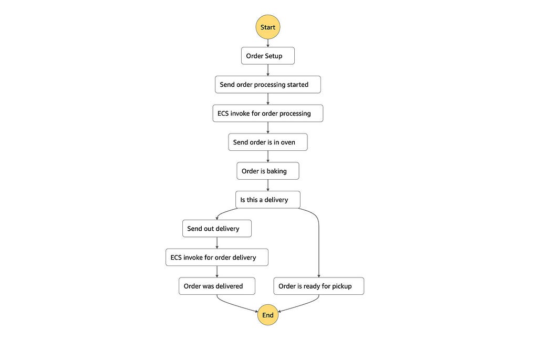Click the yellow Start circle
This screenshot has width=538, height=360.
point(267,27)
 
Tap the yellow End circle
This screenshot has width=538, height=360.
point(267,315)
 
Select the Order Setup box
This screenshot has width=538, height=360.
point(267,56)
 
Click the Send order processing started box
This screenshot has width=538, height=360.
point(267,85)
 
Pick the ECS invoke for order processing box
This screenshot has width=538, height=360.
point(267,113)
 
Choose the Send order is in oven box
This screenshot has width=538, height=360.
point(267,142)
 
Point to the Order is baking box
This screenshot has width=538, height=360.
point(267,171)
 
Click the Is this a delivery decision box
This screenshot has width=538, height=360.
point(267,200)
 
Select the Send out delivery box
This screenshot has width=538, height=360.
point(217,229)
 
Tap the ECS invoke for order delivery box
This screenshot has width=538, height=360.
point(217,258)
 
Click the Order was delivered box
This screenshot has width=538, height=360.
point(217,286)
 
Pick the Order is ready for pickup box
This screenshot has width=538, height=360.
point(319,286)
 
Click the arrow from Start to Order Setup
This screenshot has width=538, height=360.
point(267,43)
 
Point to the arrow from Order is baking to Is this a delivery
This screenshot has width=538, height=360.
point(267,186)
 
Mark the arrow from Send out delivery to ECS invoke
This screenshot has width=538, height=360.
point(217,243)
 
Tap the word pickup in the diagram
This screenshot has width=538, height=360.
point(342,286)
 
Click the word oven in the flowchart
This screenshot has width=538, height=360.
point(288,142)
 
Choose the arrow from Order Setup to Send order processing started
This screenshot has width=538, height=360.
point(267,70)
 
